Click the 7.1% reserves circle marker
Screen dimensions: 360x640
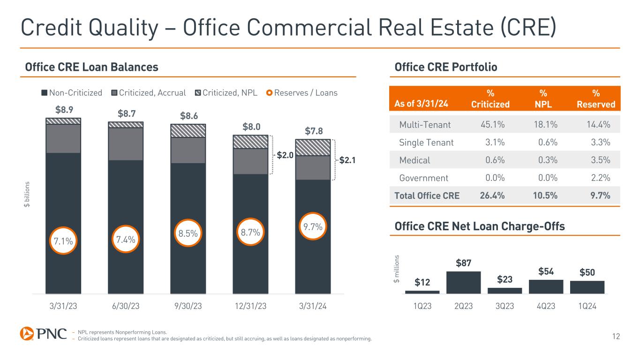coord(63,241)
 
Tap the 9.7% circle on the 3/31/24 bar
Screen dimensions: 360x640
coord(313,227)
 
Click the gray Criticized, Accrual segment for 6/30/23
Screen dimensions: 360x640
coord(125,144)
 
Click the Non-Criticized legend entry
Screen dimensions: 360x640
coord(72,92)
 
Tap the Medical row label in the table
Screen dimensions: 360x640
coord(414,160)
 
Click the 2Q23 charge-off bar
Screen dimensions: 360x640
coord(463,282)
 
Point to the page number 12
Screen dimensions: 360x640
coord(616,335)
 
